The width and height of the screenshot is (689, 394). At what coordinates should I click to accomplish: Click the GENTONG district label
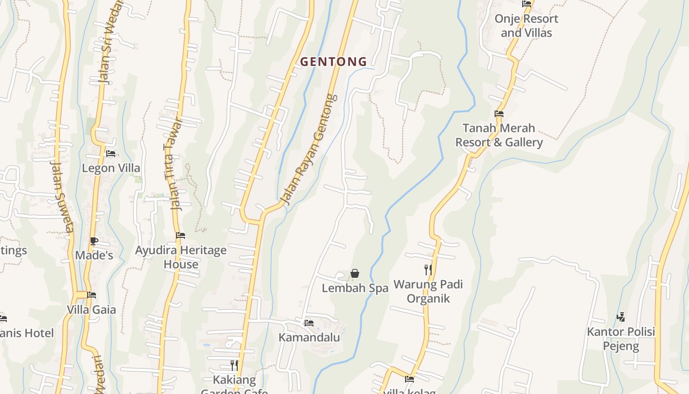[334, 62]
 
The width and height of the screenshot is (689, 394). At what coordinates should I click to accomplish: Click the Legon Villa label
[111, 168]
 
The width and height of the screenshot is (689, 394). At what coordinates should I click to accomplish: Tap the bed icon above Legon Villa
[111, 154]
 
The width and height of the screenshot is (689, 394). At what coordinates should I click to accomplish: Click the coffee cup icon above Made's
[94, 241]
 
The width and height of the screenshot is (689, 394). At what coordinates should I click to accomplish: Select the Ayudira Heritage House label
[181, 257]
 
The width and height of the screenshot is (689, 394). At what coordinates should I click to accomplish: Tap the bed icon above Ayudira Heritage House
[181, 235]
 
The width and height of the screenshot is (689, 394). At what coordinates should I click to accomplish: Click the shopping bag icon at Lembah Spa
[355, 273]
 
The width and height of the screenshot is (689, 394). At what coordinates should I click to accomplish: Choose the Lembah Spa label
[355, 288]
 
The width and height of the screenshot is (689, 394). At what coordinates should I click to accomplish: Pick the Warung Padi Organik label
[428, 292]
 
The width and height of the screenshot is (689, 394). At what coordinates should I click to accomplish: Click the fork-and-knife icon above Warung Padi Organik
[428, 269]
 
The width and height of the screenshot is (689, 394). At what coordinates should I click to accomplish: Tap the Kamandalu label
[309, 337]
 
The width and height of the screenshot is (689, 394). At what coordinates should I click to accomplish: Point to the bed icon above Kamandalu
[309, 323]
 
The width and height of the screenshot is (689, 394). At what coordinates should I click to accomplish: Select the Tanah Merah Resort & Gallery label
[499, 135]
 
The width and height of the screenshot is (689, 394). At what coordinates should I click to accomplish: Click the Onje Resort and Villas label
[526, 26]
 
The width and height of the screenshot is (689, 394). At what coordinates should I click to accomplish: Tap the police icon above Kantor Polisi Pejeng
[621, 317]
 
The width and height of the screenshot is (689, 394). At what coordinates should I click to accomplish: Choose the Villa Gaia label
[92, 310]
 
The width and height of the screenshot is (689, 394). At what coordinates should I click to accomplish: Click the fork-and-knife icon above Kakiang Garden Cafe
[234, 365]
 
